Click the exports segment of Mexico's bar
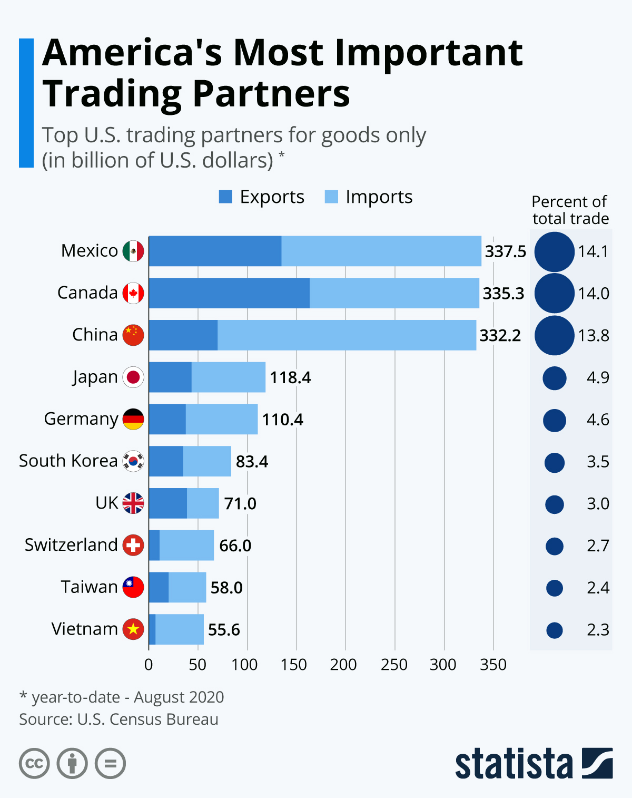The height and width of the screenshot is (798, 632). (215, 251)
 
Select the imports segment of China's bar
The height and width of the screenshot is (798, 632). (347, 335)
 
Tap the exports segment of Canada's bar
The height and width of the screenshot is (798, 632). (229, 293)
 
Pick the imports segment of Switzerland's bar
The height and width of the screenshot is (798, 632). (186, 546)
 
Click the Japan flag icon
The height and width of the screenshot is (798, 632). (133, 377)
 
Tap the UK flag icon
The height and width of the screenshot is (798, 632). (133, 503)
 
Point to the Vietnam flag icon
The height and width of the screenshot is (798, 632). (133, 629)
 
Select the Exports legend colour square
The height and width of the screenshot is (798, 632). (225, 197)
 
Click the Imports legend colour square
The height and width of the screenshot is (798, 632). (331, 197)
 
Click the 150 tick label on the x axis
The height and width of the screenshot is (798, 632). (294, 665)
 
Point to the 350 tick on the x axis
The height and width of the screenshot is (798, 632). (493, 665)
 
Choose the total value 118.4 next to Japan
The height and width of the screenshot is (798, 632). (290, 377)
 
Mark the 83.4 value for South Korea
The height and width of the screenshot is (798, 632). (252, 462)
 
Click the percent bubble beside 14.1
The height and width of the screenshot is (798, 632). (554, 251)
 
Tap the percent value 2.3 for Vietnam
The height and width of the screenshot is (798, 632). (598, 630)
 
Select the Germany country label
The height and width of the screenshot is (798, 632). (81, 419)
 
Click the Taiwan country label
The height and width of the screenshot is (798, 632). (89, 587)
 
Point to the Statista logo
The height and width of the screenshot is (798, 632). (534, 763)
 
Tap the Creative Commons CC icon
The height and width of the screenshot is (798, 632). (34, 763)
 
